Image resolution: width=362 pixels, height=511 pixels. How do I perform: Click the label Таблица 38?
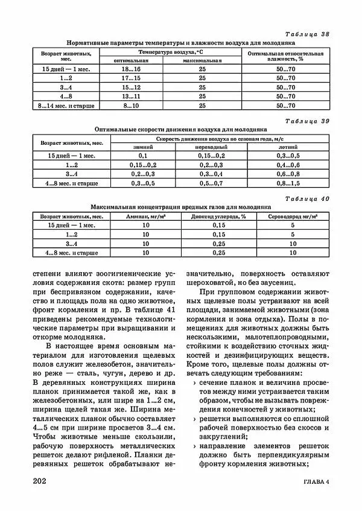(308, 34)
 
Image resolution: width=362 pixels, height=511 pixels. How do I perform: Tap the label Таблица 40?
(308, 199)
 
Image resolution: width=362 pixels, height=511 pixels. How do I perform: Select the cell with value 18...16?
(131, 71)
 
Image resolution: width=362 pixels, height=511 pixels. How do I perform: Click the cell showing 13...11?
(131, 96)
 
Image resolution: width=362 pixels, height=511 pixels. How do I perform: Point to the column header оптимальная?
(131, 61)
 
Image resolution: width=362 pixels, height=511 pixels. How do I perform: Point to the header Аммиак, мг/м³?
(145, 215)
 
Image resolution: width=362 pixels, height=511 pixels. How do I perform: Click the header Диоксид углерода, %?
(215, 215)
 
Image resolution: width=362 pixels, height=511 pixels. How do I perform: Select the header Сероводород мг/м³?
(292, 215)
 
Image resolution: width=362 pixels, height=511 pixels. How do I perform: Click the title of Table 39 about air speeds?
(180, 129)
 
